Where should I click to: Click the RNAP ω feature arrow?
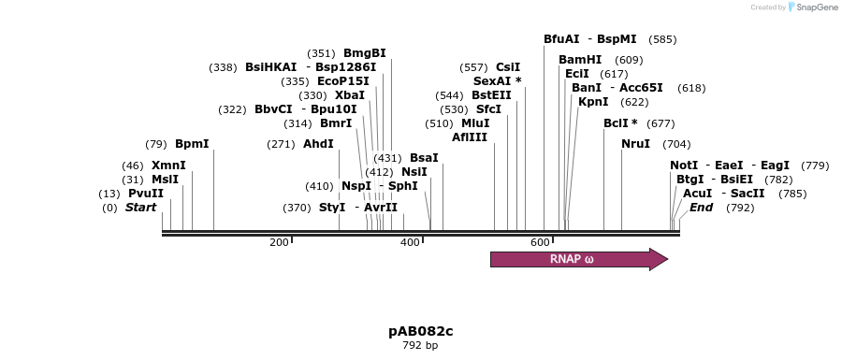(x=579, y=260)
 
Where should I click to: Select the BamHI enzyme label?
(x=580, y=60)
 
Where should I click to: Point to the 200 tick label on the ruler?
(x=279, y=242)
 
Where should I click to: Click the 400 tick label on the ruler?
(x=410, y=242)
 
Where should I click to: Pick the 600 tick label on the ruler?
(x=540, y=242)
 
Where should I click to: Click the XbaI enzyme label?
(x=350, y=95)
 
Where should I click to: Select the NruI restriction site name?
(x=636, y=144)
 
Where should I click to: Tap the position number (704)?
(x=676, y=144)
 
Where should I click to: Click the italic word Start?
(x=140, y=207)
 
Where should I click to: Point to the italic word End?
(x=702, y=207)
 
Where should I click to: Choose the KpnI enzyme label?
(x=593, y=102)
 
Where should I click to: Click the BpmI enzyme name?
(x=192, y=144)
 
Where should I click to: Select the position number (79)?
(x=156, y=144)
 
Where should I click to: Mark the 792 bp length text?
(x=420, y=346)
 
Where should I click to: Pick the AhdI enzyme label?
(x=318, y=144)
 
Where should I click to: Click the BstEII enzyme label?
(x=491, y=95)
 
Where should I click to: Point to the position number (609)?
(x=629, y=60)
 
